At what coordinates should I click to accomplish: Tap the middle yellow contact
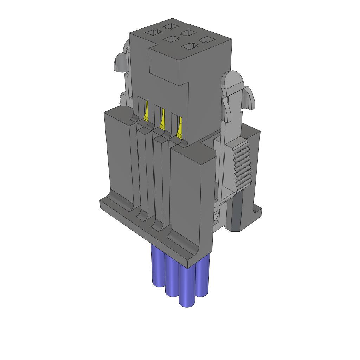[162, 120]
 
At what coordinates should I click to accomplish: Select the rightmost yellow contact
[180, 127]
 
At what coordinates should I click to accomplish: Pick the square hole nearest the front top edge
[190, 46]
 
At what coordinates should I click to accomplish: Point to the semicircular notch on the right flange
[256, 211]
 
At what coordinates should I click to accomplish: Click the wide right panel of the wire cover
[192, 197]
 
